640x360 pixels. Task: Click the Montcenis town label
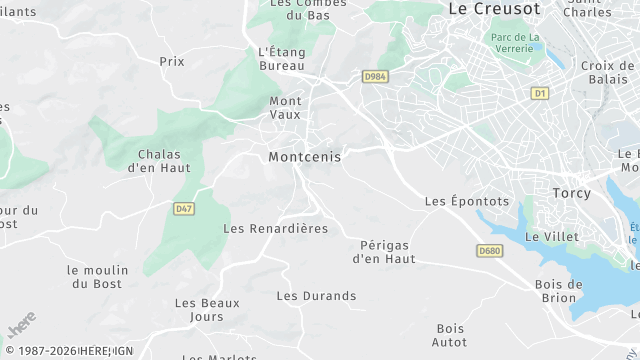pyautogui.click(x=304, y=157)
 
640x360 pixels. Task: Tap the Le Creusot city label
pyautogui.click(x=493, y=8)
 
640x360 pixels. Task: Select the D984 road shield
pyautogui.click(x=375, y=76)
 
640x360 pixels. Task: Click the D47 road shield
pyautogui.click(x=183, y=209)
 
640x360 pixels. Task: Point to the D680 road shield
pyautogui.click(x=488, y=251)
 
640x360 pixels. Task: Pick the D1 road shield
pyautogui.click(x=540, y=93)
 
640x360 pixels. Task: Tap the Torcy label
pyautogui.click(x=571, y=192)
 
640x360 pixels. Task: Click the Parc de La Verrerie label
pyautogui.click(x=515, y=44)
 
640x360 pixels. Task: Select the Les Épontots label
pyautogui.click(x=466, y=201)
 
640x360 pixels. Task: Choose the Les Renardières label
pyautogui.click(x=275, y=229)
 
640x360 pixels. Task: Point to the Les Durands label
pyautogui.click(x=316, y=296)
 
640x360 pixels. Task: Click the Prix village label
pyautogui.click(x=172, y=61)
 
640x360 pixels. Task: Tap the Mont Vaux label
pyautogui.click(x=286, y=108)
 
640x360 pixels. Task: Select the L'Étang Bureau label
pyautogui.click(x=281, y=58)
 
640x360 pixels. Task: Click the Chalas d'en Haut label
pyautogui.click(x=159, y=161)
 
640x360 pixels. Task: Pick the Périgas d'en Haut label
pyautogui.click(x=384, y=252)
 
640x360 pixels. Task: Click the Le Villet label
pyautogui.click(x=545, y=236)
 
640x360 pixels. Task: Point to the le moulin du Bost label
pyautogui.click(x=97, y=277)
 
